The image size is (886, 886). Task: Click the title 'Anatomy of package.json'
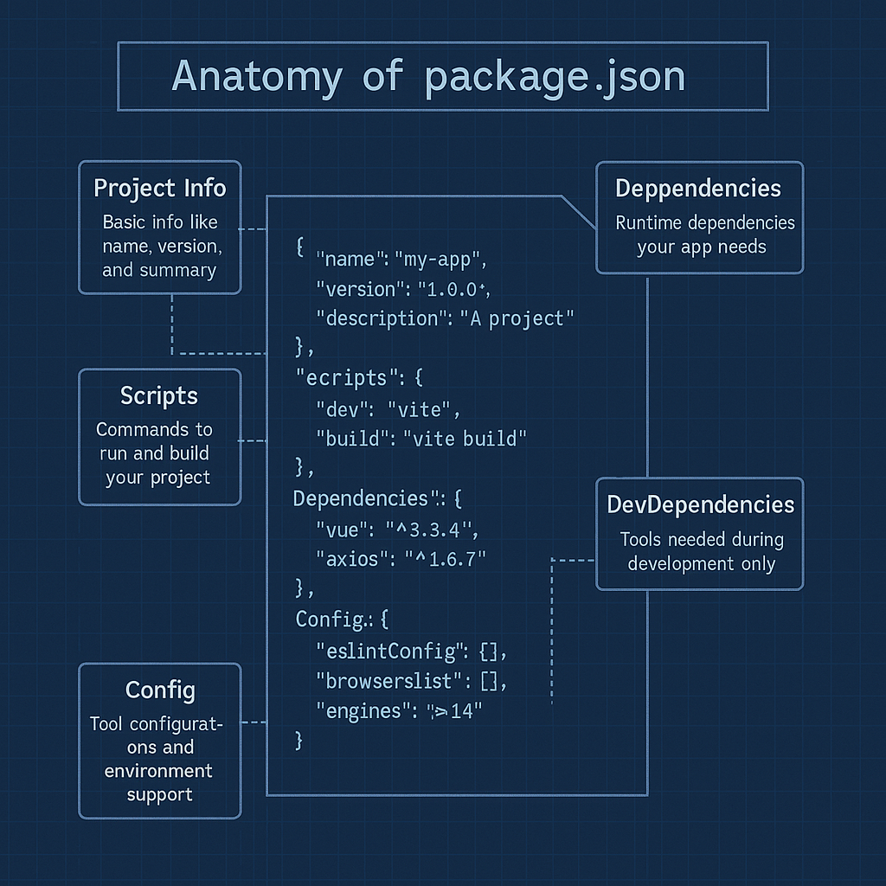[428, 77]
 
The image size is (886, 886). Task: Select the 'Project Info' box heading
[159, 189]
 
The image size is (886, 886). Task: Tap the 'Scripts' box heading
[159, 396]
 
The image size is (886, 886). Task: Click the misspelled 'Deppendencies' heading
[698, 189]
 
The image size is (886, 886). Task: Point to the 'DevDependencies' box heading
[700, 504]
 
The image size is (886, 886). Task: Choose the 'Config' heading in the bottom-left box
[160, 690]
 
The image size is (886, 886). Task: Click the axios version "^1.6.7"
[446, 560]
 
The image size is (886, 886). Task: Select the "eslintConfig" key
[393, 651]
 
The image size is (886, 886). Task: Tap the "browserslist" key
[390, 682]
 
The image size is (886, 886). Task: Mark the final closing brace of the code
[299, 741]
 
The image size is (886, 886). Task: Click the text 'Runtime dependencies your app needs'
[704, 234]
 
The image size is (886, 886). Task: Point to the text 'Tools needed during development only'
[702, 552]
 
